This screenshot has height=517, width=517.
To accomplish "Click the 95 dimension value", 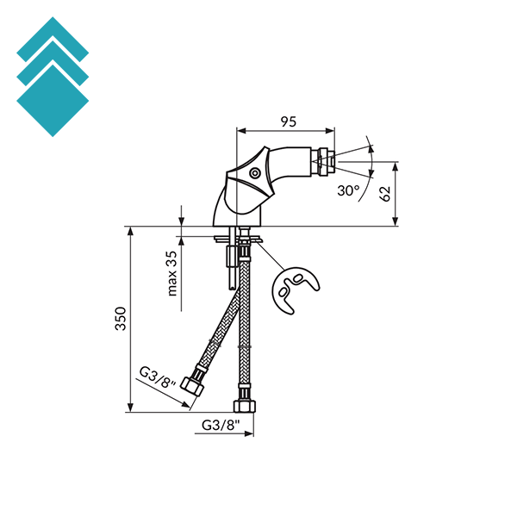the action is pyautogui.click(x=289, y=121).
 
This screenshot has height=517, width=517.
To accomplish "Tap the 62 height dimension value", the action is pyautogui.click(x=385, y=194).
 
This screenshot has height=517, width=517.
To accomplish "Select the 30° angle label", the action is pyautogui.click(x=348, y=190).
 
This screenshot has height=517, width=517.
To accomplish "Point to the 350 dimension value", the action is pyautogui.click(x=121, y=319).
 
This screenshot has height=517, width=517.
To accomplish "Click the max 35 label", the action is pyautogui.click(x=172, y=273).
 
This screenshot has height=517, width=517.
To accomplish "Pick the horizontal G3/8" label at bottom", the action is pyautogui.click(x=220, y=425).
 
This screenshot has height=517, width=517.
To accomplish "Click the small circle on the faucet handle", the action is pyautogui.click(x=255, y=173).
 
